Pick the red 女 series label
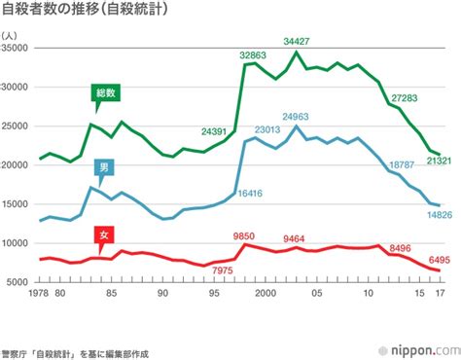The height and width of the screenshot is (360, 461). [x=103, y=234]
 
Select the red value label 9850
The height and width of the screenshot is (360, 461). [x=244, y=235]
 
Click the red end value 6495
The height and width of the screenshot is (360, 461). [x=439, y=260]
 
